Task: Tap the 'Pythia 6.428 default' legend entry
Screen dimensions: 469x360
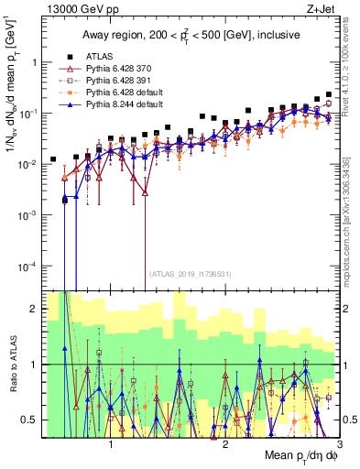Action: pos(129,93)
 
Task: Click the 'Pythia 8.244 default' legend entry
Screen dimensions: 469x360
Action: pos(129,104)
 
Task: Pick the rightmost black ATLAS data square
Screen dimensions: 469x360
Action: pos(329,94)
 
